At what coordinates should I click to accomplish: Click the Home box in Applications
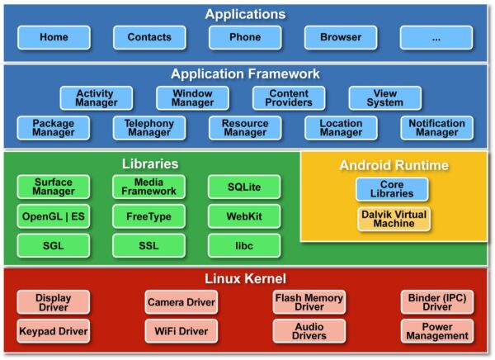point(54,37)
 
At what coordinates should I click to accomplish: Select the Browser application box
point(341,37)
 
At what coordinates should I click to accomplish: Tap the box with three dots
point(436,37)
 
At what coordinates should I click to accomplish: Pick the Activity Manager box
point(95,98)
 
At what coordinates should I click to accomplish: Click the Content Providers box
point(289,98)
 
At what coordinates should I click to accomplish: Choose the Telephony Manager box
point(149,128)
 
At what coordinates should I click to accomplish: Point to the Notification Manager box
point(436,128)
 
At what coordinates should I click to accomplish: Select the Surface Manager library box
point(54,187)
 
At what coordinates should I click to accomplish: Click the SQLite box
point(244,187)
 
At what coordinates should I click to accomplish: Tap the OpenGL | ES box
point(54,216)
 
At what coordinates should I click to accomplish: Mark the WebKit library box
point(244,216)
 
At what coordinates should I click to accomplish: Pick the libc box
point(244,245)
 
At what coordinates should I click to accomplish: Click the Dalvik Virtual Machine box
point(394,219)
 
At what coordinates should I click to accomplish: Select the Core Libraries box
point(392,189)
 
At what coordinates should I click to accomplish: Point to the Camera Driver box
point(181,302)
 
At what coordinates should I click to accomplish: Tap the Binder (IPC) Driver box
point(437,302)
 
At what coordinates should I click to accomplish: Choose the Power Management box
point(437,331)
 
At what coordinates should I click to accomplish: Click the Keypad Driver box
point(54,331)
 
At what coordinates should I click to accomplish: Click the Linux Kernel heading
point(247,278)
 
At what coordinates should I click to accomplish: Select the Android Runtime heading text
point(394,165)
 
